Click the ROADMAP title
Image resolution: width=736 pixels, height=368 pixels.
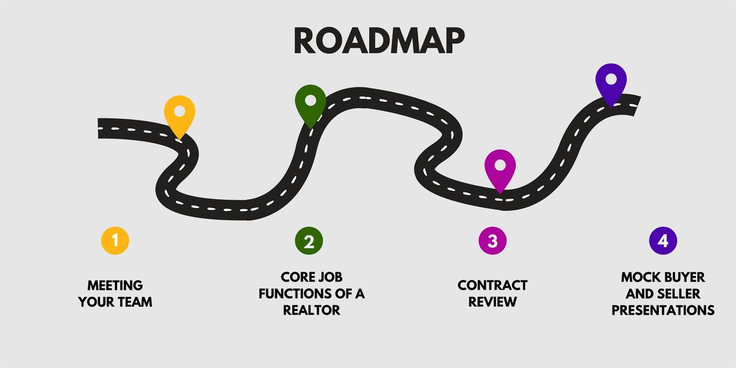[379, 40]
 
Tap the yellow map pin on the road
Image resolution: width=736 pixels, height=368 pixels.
[179, 115]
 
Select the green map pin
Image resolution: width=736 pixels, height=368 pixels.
[310, 104]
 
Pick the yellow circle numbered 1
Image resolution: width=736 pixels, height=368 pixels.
[115, 240]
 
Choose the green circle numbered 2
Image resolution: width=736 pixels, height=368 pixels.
[309, 241]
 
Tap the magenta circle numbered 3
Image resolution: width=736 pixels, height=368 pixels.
[492, 241]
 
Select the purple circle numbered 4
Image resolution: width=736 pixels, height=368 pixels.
[662, 240]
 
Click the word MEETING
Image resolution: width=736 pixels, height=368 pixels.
[115, 286]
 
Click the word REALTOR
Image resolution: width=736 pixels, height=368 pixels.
[312, 310]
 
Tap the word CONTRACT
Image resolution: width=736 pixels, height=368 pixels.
[493, 286]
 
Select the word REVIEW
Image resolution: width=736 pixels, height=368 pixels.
[493, 302]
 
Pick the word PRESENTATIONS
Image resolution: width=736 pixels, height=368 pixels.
[663, 310]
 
